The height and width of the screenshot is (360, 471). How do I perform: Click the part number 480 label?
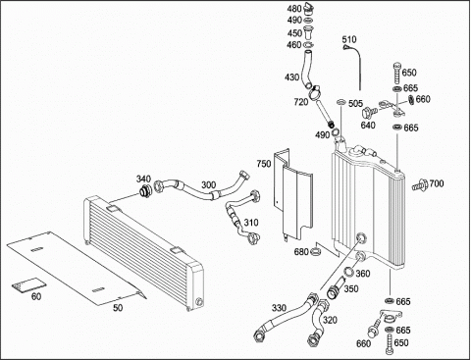point(294,9)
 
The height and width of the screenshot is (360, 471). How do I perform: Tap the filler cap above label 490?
point(308,9)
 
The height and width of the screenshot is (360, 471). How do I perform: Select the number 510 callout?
point(349,39)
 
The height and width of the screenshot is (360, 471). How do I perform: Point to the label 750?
point(264,164)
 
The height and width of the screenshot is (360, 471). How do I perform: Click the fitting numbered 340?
point(144,191)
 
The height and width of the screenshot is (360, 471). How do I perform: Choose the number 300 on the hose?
point(208,185)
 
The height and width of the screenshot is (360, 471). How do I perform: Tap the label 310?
point(251,223)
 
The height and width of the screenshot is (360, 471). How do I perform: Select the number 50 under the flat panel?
point(118,308)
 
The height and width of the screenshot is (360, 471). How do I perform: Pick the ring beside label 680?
point(315,251)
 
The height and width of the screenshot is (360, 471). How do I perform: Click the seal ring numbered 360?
point(348,272)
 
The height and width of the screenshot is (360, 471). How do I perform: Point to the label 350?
point(351,289)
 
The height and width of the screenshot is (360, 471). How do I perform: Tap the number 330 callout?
point(279,308)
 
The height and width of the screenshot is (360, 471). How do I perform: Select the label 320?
point(330,320)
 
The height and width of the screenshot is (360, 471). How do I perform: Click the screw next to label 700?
point(420,185)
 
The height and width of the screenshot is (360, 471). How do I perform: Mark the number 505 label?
point(355,104)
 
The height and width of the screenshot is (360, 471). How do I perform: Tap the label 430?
point(291,77)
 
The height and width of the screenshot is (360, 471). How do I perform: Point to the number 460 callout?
point(294,45)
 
